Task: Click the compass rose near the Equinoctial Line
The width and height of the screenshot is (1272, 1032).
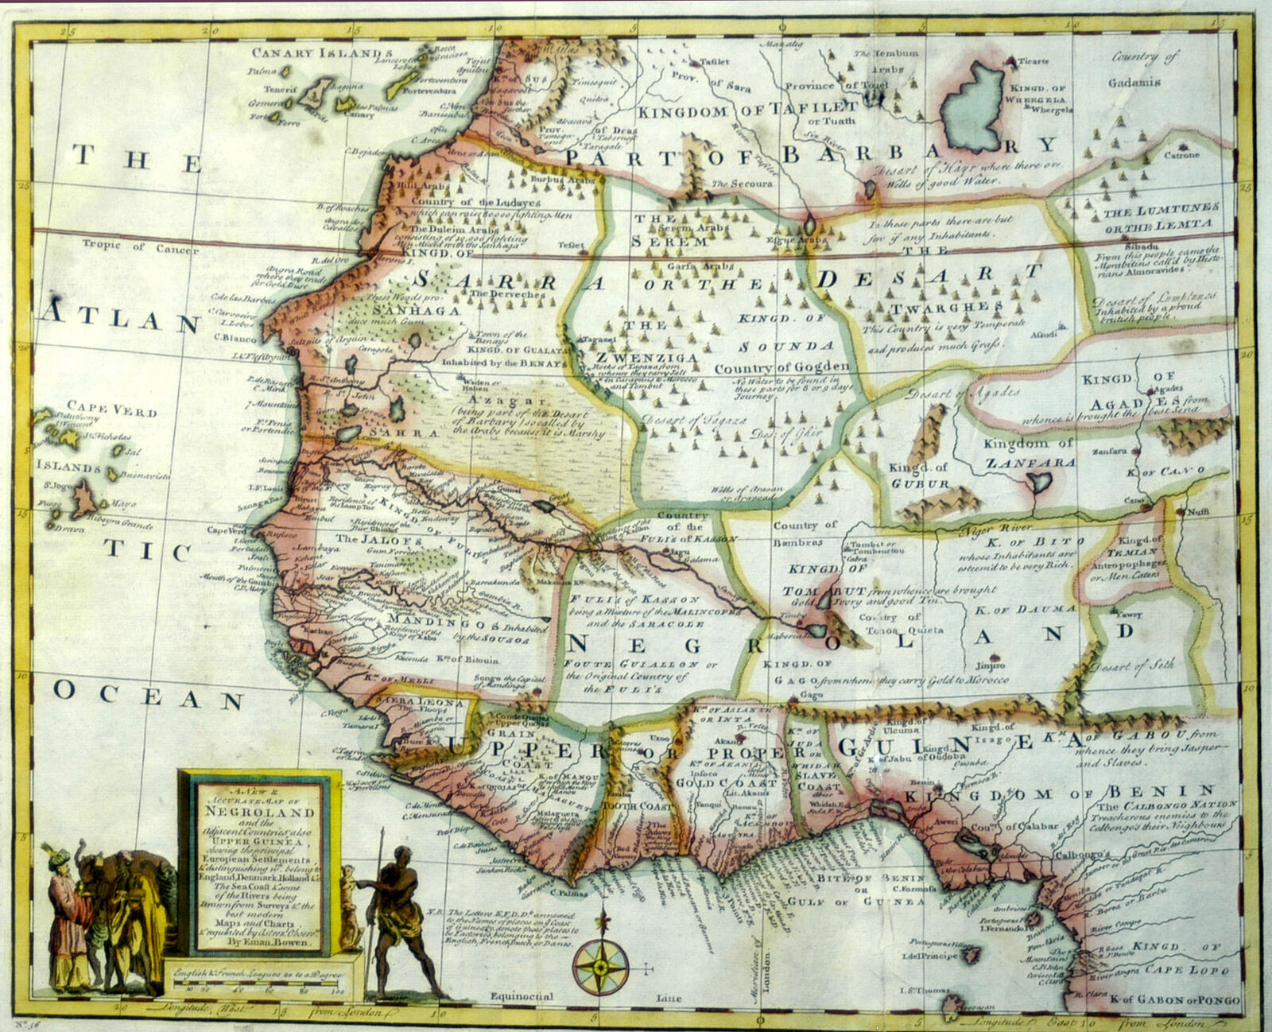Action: (600, 967)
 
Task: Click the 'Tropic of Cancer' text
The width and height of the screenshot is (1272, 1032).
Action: (140, 247)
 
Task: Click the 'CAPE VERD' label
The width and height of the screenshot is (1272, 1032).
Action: (111, 409)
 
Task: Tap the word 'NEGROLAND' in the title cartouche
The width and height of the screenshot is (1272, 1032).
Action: (260, 813)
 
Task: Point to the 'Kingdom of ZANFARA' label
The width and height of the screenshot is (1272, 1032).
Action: (1029, 452)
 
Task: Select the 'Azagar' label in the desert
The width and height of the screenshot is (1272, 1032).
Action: (500, 402)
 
